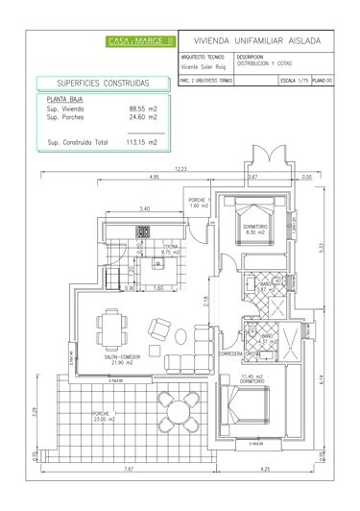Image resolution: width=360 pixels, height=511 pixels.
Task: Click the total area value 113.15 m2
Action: (x=140, y=143)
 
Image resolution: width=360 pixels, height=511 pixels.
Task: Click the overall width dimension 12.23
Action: (x=180, y=169)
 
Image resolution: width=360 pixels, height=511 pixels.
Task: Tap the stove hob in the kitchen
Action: (x=144, y=231)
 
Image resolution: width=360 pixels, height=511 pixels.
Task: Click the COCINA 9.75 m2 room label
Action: (x=171, y=249)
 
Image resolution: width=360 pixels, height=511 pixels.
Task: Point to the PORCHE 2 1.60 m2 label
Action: (x=199, y=204)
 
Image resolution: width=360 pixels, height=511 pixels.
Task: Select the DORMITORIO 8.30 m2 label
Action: (x=255, y=231)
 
